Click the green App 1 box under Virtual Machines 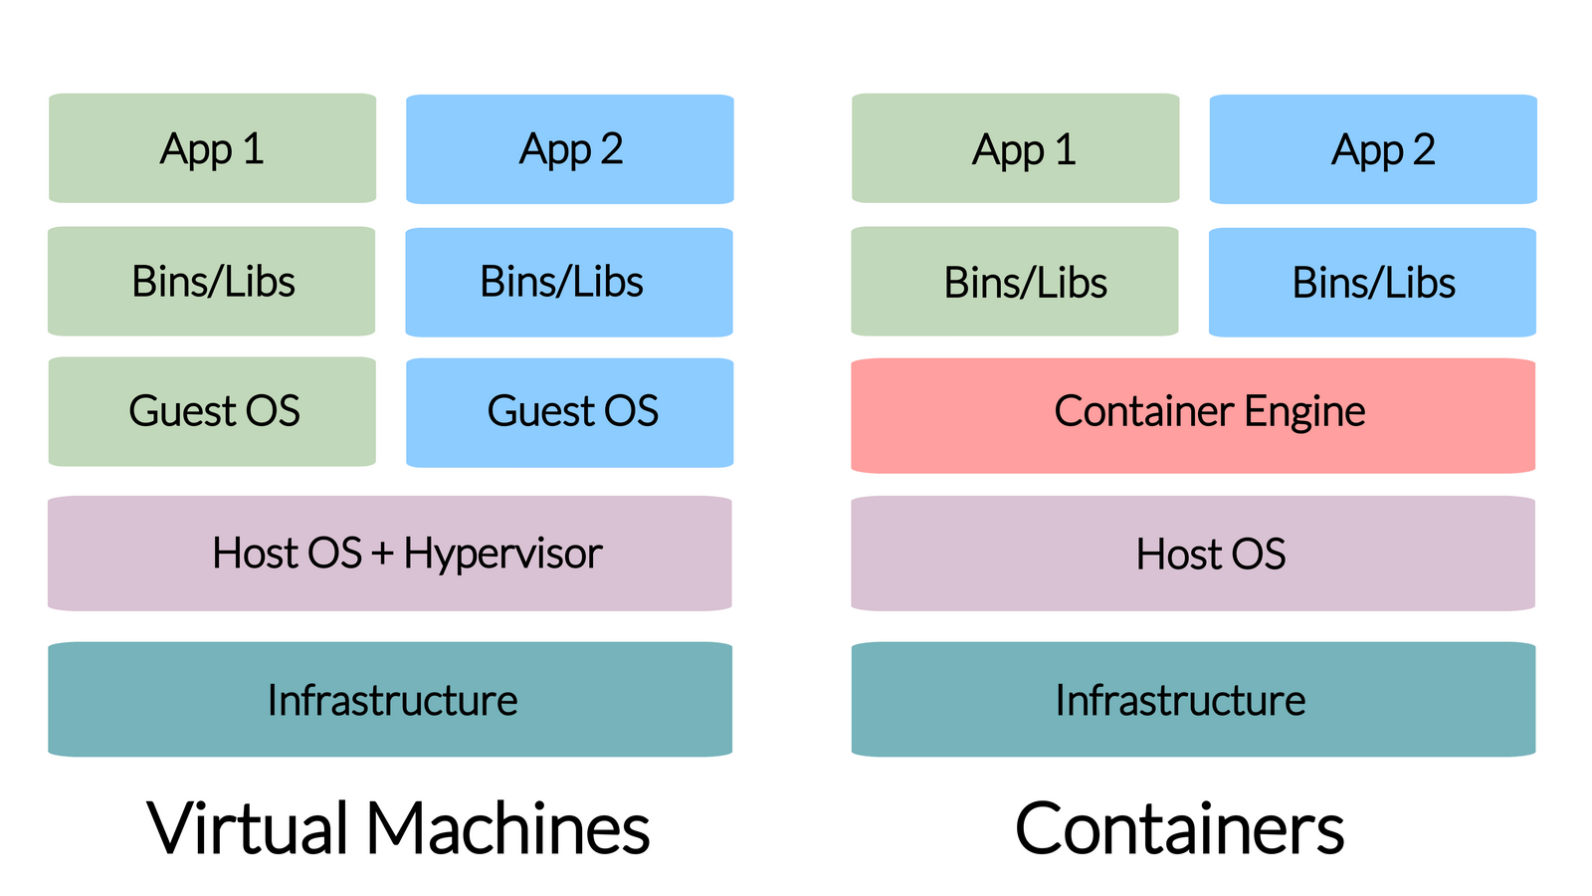tap(212, 148)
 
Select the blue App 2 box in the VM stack tap(570, 149)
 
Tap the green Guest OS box tap(212, 411)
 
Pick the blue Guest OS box tap(570, 412)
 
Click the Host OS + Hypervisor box tap(390, 554)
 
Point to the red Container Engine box tap(1193, 415)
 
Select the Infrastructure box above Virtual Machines tap(390, 699)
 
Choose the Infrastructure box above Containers tap(1193, 699)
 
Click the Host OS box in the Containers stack tap(1193, 554)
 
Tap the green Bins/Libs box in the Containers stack tap(1015, 282)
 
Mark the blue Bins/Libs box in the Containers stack tap(1372, 283)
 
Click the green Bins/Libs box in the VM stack tap(212, 281)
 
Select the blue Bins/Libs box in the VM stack tap(569, 282)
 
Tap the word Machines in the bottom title tap(508, 828)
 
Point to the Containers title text tap(1179, 828)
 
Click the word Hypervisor tap(502, 555)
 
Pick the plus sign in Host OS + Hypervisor tap(382, 555)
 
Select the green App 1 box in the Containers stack tap(1016, 148)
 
